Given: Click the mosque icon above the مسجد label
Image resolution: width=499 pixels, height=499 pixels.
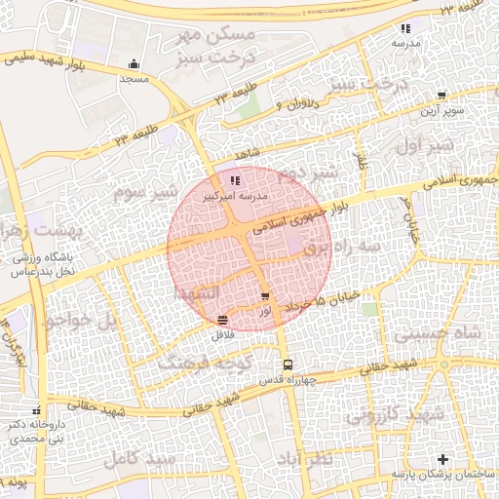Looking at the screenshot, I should [133, 65].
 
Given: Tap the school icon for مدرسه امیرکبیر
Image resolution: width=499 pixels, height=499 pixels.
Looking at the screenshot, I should [234, 180].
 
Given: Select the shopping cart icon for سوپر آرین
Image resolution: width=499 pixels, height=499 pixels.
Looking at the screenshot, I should [441, 96].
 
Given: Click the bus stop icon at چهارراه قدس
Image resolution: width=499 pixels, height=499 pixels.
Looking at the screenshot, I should [287, 365].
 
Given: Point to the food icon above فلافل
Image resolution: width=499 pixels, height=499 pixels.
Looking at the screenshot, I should [224, 320].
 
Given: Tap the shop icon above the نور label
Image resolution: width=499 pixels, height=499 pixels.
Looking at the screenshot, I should [265, 296].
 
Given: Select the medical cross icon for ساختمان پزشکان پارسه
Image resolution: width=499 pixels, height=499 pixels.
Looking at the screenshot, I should [443, 458].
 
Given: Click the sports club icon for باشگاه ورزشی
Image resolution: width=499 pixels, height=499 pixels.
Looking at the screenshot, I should [19, 259].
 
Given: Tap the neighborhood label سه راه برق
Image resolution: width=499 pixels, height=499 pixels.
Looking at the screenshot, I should [341, 249].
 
